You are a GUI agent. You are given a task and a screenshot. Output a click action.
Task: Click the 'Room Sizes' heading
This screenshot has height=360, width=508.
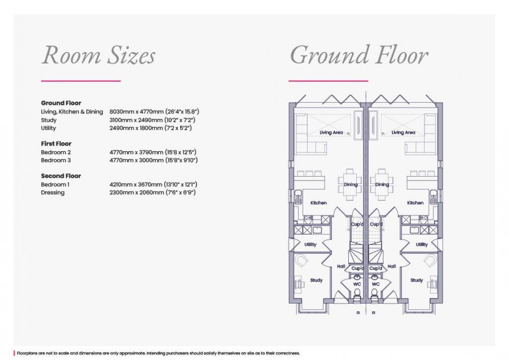98,55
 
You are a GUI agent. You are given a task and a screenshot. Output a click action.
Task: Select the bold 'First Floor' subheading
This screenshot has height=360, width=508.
56,144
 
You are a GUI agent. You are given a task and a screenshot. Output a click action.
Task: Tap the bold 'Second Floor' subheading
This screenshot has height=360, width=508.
61,176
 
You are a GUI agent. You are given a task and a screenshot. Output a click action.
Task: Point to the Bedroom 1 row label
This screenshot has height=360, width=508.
55,185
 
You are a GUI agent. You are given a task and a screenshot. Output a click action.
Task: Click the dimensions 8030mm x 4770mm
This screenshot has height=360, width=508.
137,112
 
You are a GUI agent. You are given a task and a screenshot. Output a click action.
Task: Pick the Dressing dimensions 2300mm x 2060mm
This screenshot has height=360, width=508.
137,192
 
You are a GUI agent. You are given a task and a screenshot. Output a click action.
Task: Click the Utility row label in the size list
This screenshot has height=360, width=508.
49,128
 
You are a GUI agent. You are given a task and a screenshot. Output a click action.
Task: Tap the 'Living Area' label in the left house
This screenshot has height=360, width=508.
331,133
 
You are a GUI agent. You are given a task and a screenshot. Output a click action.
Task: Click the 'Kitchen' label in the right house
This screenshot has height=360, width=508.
415,203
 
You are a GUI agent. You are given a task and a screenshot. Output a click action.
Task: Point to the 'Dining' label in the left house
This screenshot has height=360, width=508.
351,185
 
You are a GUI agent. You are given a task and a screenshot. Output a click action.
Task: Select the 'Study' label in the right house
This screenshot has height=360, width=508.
417,280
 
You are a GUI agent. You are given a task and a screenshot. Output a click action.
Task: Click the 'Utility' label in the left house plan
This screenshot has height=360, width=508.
310,244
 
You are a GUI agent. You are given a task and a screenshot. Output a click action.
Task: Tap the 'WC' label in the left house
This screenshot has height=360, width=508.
357,284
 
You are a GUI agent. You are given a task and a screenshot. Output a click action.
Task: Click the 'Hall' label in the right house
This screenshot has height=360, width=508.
392,266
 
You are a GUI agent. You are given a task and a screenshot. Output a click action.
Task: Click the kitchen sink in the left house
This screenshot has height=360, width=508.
298,196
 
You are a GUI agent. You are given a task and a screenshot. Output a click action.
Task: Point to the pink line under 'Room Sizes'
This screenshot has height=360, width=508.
81,81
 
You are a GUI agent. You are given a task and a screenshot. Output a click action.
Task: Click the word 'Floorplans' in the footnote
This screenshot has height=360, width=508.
27,353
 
